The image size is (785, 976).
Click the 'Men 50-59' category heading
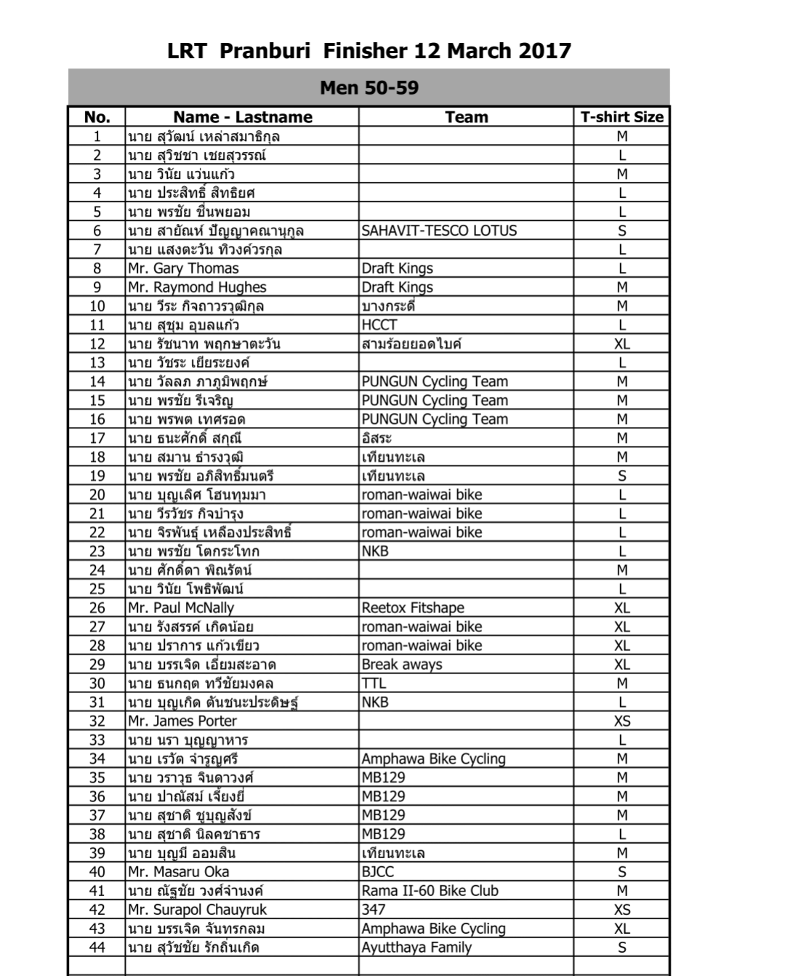pos(369,88)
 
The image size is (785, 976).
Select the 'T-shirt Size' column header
pos(621,117)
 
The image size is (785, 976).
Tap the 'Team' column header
pos(466,117)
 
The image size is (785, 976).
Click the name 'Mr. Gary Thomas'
pos(183,268)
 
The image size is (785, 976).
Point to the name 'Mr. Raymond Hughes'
pos(197,287)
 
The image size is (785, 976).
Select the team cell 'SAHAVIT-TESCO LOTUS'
pos(439,231)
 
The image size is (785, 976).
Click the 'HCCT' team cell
pos(379,325)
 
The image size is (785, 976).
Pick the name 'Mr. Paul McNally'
pos(181,608)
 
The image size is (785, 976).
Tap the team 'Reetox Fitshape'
pos(413,608)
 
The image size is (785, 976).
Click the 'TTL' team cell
pos(374,684)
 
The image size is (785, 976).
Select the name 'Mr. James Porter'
pos(182,721)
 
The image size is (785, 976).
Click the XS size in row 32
pos(621,721)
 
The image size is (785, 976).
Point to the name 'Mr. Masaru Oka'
pos(178,872)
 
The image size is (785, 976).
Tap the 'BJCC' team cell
pos(378,872)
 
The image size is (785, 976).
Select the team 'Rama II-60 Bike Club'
pos(430,891)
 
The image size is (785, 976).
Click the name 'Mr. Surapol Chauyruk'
pos(197,910)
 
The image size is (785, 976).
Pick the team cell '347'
pos(374,910)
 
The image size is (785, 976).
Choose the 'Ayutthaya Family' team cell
pos(416,948)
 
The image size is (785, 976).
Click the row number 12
pos(97,344)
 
